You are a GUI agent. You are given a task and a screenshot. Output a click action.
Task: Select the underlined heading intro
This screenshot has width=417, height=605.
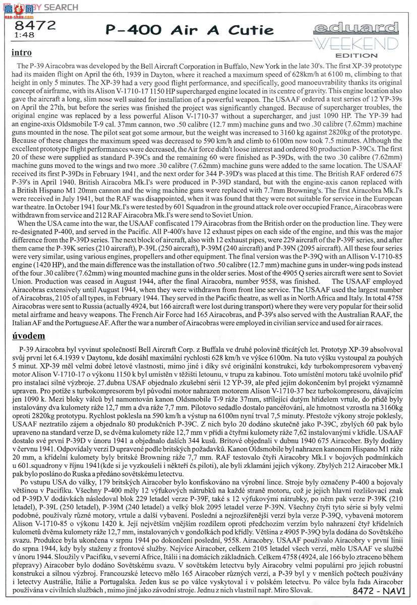[x=21, y=52]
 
